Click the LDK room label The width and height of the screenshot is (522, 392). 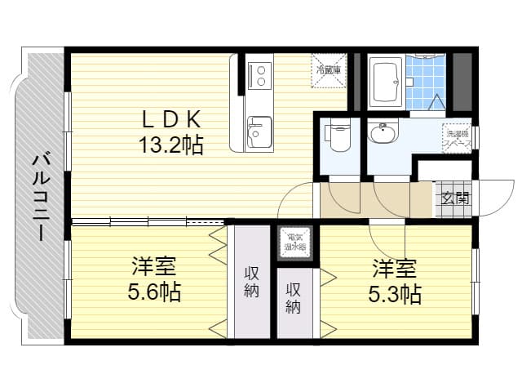[x=170, y=120]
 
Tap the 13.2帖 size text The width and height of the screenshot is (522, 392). [x=170, y=145]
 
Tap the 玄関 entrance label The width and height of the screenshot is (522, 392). [x=456, y=198]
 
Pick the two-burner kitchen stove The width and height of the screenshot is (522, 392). [x=260, y=74]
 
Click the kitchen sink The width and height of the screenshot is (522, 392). [x=259, y=130]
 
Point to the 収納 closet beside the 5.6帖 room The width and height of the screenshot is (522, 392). [x=252, y=282]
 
